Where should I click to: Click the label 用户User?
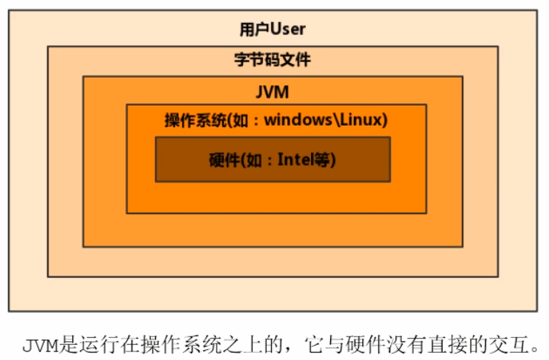pos(272,29)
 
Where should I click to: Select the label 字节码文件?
pos(272,60)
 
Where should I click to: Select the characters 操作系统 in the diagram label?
pos(188,119)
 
